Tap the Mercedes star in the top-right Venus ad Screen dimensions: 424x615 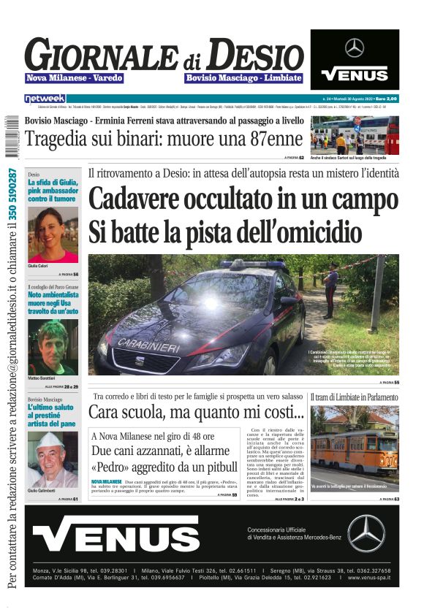point(355,48)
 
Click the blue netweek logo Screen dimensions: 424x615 point(45,98)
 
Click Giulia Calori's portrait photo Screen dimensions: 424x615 point(53,235)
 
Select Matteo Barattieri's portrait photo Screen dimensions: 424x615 point(53,348)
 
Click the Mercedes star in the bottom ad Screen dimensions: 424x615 point(366,533)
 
